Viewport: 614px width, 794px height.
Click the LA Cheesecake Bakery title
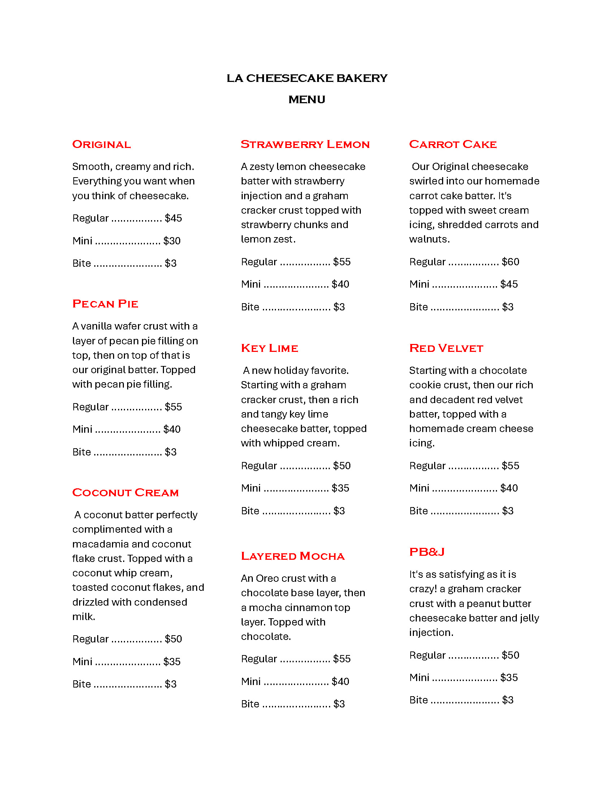click(307, 78)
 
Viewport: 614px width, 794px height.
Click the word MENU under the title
click(307, 99)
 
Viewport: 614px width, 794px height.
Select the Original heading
click(101, 144)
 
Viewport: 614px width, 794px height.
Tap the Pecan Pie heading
click(105, 304)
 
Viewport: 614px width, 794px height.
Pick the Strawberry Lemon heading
click(305, 144)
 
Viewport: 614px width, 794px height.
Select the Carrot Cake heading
click(453, 144)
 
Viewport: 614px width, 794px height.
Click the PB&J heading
click(427, 552)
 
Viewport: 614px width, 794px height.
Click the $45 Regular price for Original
click(173, 218)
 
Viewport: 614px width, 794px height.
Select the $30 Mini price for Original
click(172, 241)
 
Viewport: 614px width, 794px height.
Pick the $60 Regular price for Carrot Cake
click(510, 262)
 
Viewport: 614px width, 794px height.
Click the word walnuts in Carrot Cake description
click(429, 239)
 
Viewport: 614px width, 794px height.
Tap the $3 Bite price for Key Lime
click(339, 511)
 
